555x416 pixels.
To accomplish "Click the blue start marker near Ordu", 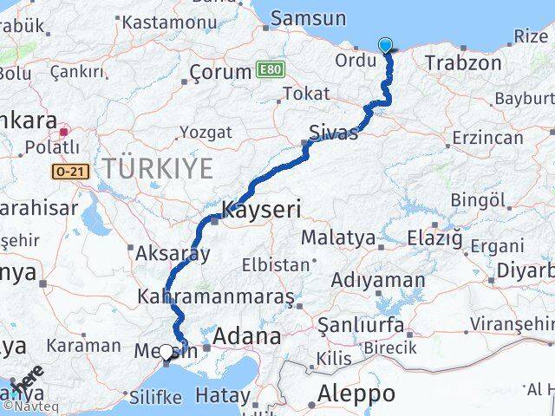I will (x=385, y=45).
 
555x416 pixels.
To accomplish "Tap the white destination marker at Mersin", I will (x=166, y=353).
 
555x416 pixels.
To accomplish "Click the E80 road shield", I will (x=270, y=67).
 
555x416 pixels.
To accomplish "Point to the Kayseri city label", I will (x=262, y=210).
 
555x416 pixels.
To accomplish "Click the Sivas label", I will (x=334, y=133).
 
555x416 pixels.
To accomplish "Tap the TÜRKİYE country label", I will (x=158, y=168).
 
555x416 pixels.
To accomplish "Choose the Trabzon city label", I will (x=462, y=62).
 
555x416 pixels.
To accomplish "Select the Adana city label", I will (x=247, y=336).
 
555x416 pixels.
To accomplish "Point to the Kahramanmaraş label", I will (x=216, y=296).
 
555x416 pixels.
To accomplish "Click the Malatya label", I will (x=337, y=237).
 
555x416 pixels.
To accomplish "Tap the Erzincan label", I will (x=486, y=138).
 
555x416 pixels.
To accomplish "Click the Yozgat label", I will (x=205, y=133).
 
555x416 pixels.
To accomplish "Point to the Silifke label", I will (x=154, y=397).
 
